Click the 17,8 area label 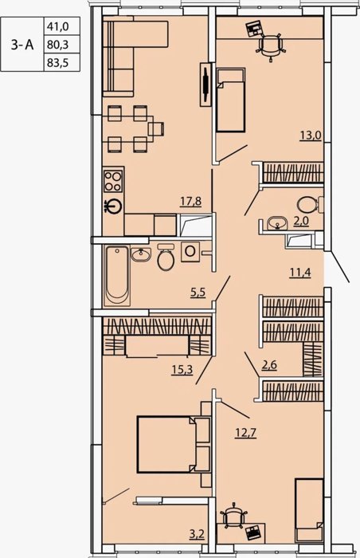coord(191,202)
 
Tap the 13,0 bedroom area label coord(310,136)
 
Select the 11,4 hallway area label coord(300,273)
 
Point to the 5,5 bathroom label coord(198,293)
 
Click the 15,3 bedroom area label coord(182,370)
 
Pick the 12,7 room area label coord(245,433)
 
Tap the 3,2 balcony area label coord(198,535)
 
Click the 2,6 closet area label coord(269,365)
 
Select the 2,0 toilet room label coord(301,222)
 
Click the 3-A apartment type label coord(22,45)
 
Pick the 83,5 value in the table coord(57,63)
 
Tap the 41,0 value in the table coord(57,26)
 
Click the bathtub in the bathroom coord(117,276)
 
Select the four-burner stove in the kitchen coord(113,181)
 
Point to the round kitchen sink coord(114,206)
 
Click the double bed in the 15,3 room coord(167,445)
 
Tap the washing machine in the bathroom coord(190,252)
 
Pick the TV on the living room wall coord(205,84)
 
